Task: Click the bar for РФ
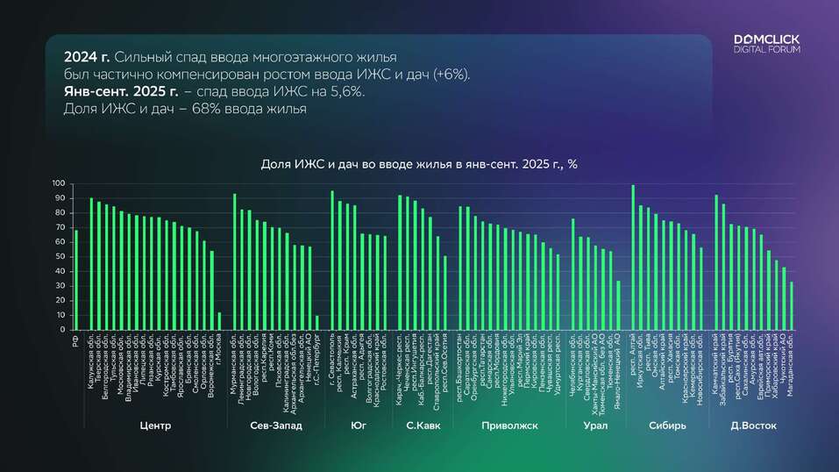76,280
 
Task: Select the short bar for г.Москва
219,321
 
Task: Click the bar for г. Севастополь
332,260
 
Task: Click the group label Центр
155,426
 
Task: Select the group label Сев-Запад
275,426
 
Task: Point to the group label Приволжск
508,426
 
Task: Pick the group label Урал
595,426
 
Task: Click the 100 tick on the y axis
59,183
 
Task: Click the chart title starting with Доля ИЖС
419,164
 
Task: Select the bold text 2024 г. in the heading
87,57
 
